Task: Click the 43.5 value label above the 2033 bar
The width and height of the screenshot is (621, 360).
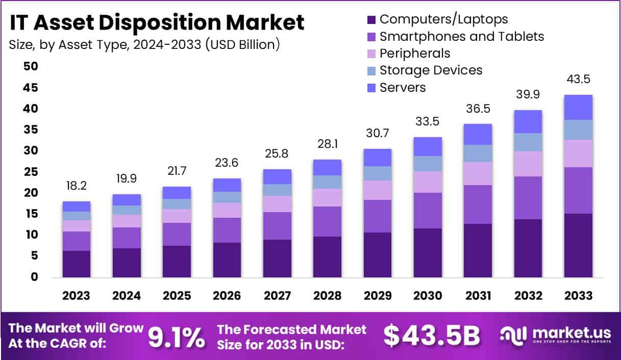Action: click(x=578, y=80)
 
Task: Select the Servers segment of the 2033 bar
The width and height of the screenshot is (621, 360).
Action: click(x=578, y=107)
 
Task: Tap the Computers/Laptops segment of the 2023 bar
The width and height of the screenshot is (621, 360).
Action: click(x=77, y=264)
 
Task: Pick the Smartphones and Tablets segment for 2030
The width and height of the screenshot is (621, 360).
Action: click(x=428, y=210)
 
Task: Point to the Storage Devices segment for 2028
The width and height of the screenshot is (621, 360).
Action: click(x=327, y=182)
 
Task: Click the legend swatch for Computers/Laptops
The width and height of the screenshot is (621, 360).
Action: click(x=371, y=20)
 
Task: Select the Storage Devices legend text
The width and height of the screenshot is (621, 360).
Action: click(x=431, y=70)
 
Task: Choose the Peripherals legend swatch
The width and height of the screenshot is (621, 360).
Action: click(x=371, y=54)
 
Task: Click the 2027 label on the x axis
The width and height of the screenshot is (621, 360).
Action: click(x=277, y=296)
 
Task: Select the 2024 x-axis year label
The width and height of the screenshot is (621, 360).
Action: click(x=127, y=296)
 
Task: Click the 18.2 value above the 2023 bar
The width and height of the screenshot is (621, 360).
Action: click(x=77, y=186)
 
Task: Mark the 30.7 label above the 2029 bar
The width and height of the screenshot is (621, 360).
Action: click(x=378, y=134)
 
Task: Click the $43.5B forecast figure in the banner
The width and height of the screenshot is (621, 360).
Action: click(x=432, y=336)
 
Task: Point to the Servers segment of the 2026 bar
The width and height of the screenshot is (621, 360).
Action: click(x=227, y=185)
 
